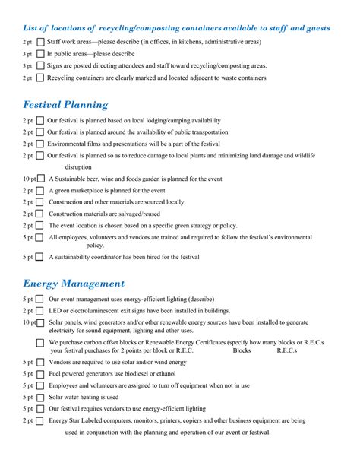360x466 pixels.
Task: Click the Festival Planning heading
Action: pos(65,105)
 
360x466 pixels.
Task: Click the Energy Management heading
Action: pos(74,284)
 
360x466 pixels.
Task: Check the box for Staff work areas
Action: pos(41,42)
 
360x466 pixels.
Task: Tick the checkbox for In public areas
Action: pos(41,54)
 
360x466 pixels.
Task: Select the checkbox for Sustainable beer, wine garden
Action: pos(41,179)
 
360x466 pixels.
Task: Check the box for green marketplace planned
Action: pos(41,191)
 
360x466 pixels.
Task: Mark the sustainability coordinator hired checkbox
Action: pos(41,258)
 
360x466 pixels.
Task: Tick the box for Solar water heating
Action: pos(41,397)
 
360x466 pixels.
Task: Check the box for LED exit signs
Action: pos(41,311)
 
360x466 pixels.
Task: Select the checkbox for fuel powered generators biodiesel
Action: pos(41,374)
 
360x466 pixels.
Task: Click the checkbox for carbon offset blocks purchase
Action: pos(41,343)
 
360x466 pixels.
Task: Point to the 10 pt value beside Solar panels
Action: pos(29,322)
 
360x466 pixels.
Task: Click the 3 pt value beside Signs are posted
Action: pos(27,66)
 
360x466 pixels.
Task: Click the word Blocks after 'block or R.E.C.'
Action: pos(242,351)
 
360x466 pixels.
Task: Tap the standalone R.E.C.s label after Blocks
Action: pos(287,351)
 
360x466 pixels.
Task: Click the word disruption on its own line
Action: pos(78,166)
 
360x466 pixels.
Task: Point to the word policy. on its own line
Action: pos(95,246)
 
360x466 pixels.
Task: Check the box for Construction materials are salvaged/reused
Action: pos(41,214)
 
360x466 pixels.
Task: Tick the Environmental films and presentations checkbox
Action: pos(41,144)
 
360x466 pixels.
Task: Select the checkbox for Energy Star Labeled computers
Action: pos(41,420)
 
